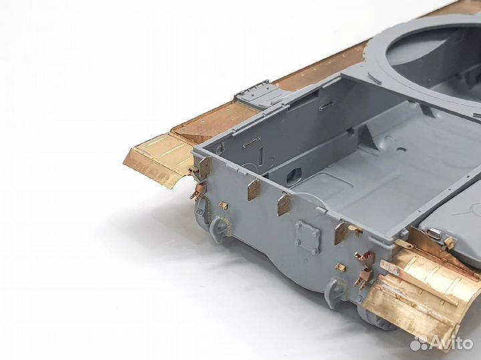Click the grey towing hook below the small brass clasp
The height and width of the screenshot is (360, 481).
(219, 228)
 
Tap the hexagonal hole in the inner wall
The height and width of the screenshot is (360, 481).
(293, 175)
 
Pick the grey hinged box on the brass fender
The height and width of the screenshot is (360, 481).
(259, 94)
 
